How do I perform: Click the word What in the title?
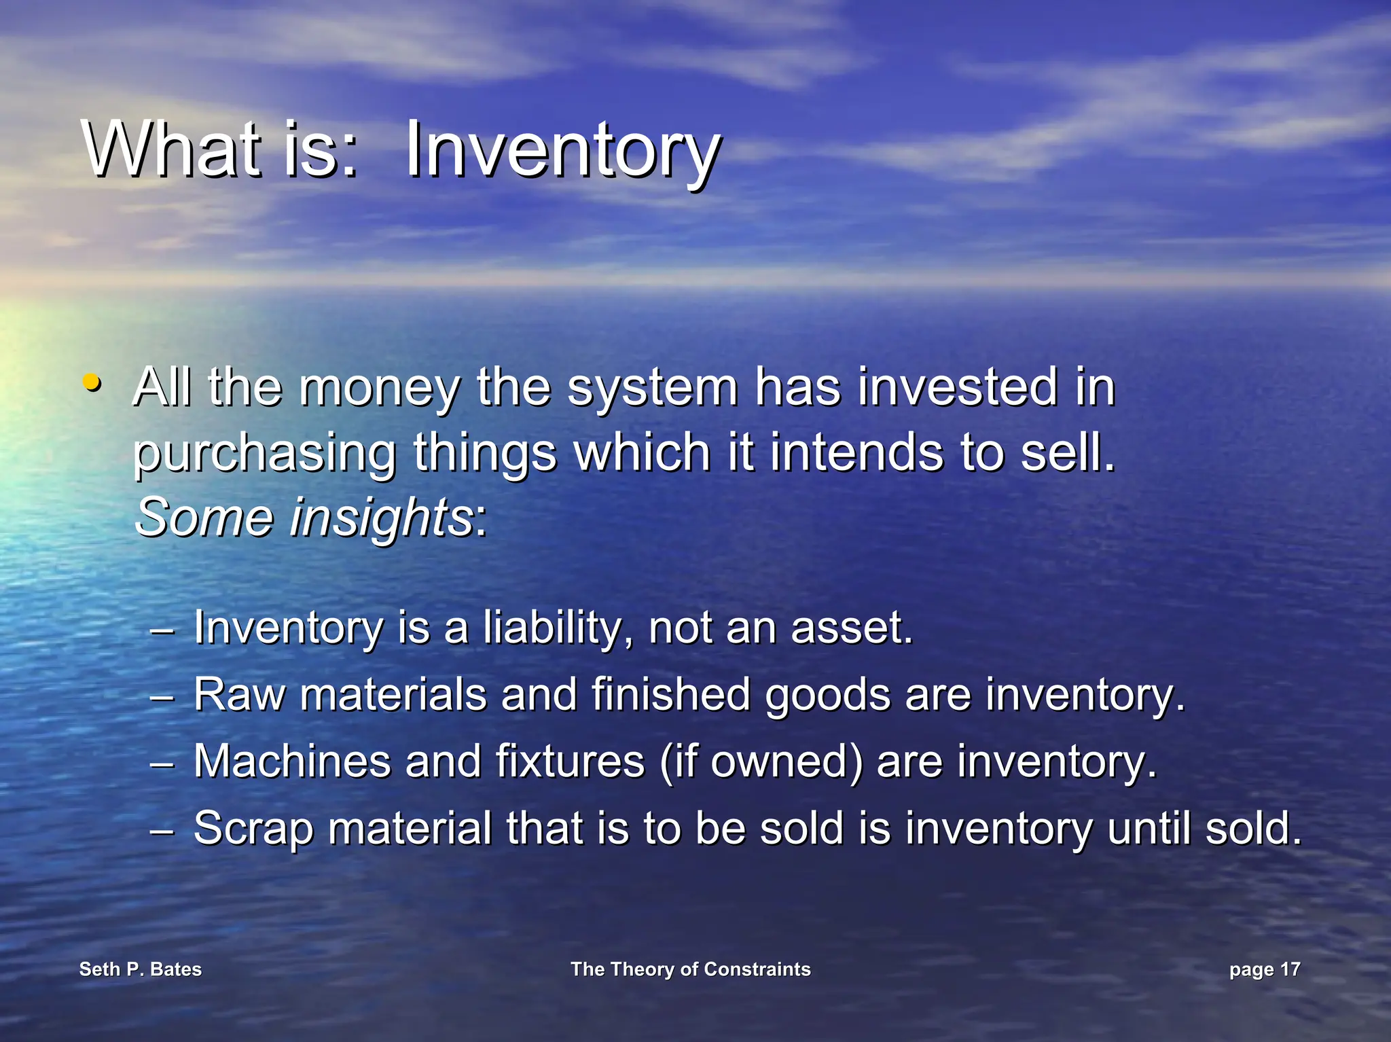pos(173,149)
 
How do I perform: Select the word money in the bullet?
pos(379,389)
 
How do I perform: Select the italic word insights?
pos(380,518)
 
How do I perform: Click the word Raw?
pos(239,695)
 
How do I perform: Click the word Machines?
pos(292,761)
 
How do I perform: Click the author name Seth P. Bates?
pos(141,969)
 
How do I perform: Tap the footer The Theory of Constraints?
pos(690,969)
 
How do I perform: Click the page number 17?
pos(1290,969)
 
